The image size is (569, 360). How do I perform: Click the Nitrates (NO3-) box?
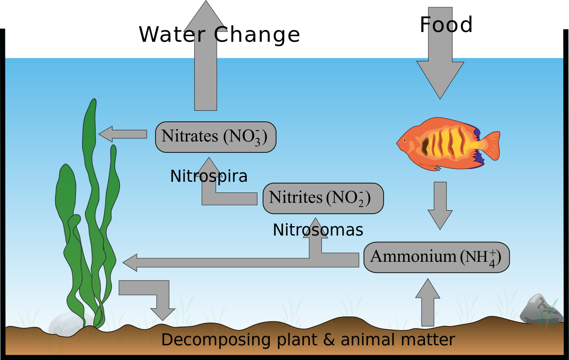coord(216,137)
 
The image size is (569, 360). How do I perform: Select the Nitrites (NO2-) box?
coord(323,198)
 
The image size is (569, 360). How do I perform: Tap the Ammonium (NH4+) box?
coord(436,257)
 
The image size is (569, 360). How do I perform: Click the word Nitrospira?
coord(208,176)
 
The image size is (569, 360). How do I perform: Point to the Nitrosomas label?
coord(318,230)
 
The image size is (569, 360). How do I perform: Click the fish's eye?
coord(405,140)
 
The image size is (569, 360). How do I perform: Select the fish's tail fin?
coord(491,145)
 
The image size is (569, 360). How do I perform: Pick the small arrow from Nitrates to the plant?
coord(123,134)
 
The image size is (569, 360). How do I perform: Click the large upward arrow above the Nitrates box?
coord(205,58)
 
